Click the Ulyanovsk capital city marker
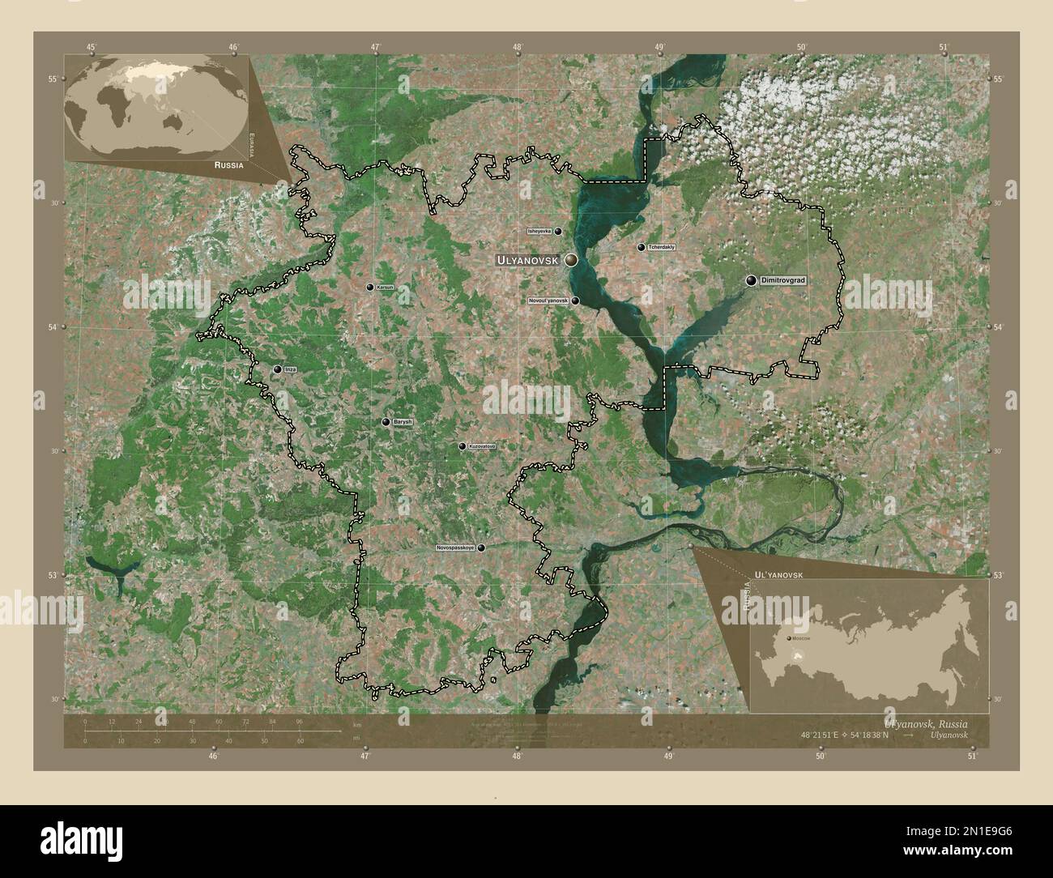pyautogui.click(x=572, y=260)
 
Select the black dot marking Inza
pyautogui.click(x=277, y=369)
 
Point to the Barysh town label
pyautogui.click(x=403, y=422)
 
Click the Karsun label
pyautogui.click(x=385, y=288)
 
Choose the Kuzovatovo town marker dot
pyautogui.click(x=463, y=446)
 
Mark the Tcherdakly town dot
pyautogui.click(x=642, y=247)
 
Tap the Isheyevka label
pyautogui.click(x=539, y=231)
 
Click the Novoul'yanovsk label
pyautogui.click(x=548, y=300)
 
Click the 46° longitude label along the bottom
pyautogui.click(x=213, y=757)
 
